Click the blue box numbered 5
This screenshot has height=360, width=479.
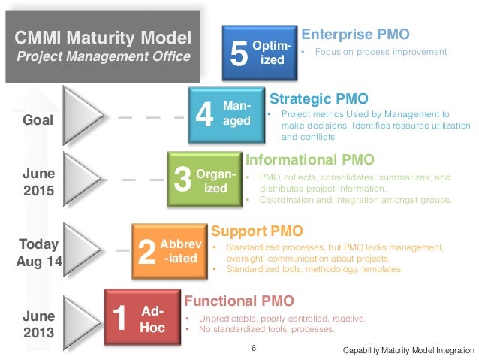coord(260,53)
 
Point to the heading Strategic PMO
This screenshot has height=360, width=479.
coord(318,98)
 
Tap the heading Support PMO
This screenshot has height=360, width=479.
coord(258,230)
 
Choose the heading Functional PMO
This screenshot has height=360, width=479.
coord(233,301)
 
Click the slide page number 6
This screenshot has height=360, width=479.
coord(253,348)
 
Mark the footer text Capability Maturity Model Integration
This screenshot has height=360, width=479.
coord(408,351)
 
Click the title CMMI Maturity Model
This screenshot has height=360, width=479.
coord(104,35)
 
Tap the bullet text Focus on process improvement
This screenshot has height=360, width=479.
coord(381,53)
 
